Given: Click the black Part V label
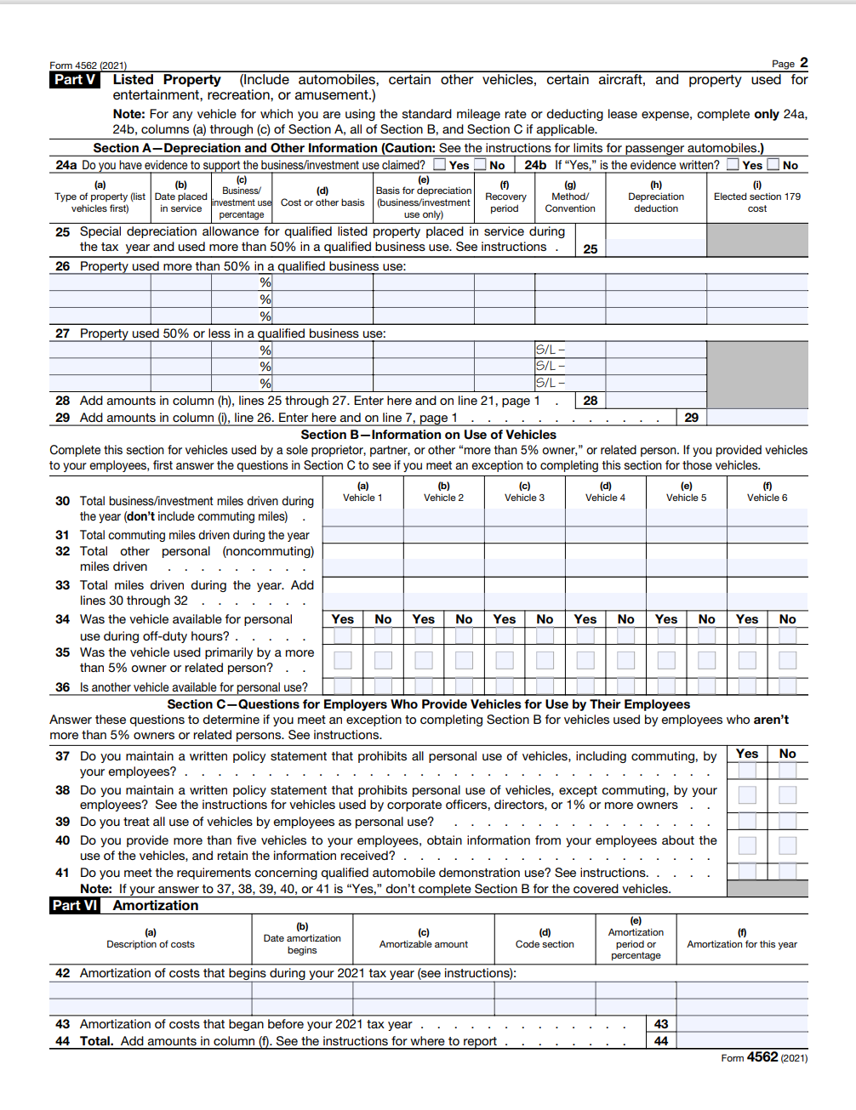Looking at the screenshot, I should click(x=75, y=80).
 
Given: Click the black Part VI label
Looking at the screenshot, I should click(x=75, y=906).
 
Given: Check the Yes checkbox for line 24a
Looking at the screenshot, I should click(x=440, y=165).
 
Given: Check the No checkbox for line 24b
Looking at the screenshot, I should click(x=773, y=165).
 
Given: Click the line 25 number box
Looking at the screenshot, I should click(x=591, y=249).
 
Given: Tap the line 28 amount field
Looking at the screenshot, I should click(x=655, y=401).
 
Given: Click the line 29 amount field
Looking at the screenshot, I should click(x=756, y=418).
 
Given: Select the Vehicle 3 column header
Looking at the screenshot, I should click(x=524, y=492).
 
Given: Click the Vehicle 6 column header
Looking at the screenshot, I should click(x=767, y=492).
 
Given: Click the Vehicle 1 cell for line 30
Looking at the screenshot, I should click(x=362, y=517).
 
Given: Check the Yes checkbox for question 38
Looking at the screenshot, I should click(x=747, y=795).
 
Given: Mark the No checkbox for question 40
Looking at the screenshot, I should click(x=788, y=845).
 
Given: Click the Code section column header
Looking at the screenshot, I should click(x=545, y=939).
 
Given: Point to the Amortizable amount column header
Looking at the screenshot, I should click(x=424, y=939).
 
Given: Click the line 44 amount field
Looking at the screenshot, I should click(x=741, y=1041).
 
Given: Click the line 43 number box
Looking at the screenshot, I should click(x=661, y=1024).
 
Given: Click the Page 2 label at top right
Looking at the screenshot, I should click(x=790, y=63).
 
